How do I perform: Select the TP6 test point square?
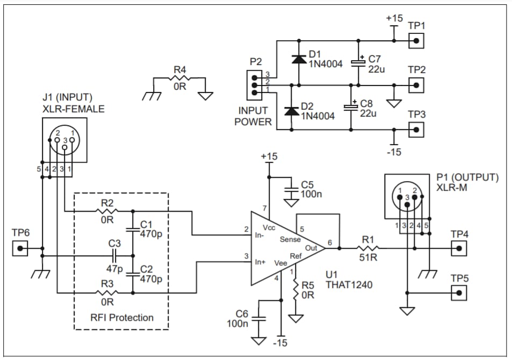tap(20, 249)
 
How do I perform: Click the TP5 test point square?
tap(458, 293)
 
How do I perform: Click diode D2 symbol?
tap(292, 111)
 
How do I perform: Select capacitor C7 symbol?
tap(358, 62)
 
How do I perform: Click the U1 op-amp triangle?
tap(282, 249)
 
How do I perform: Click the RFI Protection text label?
tap(121, 318)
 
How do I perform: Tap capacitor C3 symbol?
tap(114, 256)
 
